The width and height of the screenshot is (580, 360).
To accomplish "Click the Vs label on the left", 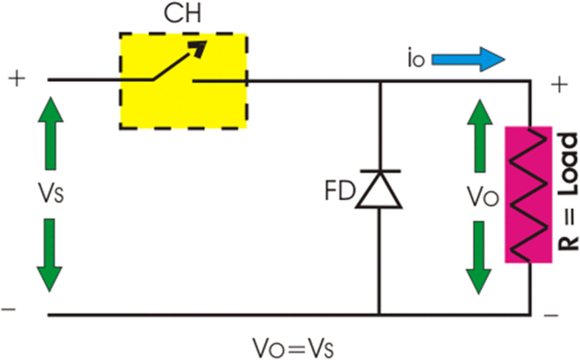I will click(x=47, y=193).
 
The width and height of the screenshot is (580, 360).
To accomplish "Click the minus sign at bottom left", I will click(x=9, y=310).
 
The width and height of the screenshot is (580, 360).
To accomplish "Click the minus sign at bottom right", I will click(x=552, y=315).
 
